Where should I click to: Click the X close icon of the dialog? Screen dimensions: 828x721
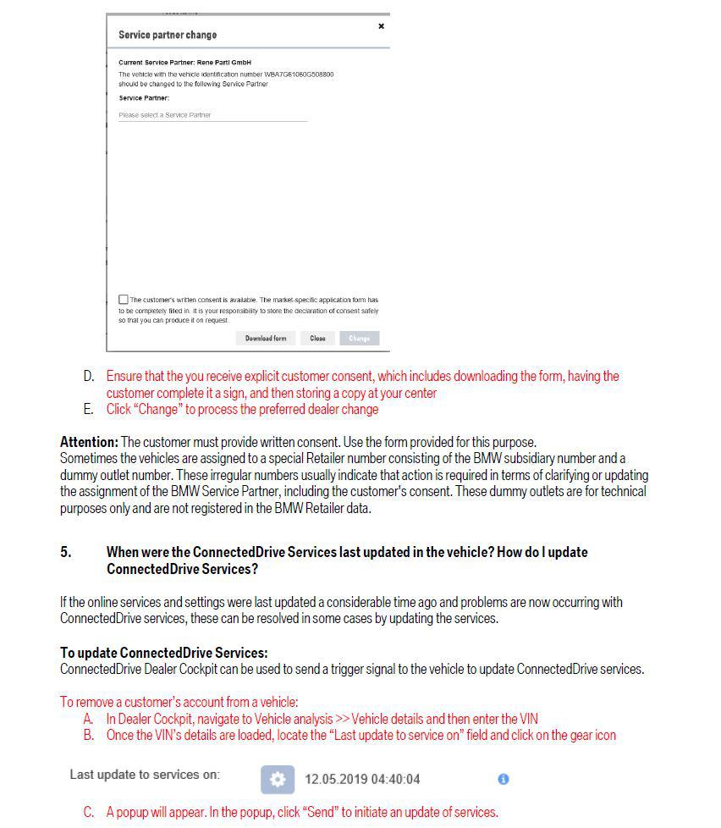(x=381, y=26)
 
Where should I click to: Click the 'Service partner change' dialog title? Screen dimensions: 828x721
(x=168, y=35)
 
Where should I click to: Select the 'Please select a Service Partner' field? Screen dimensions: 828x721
(x=212, y=115)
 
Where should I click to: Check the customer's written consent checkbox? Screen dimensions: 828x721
(x=124, y=300)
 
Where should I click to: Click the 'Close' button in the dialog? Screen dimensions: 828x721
(x=317, y=339)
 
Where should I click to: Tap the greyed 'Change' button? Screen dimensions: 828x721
(x=359, y=339)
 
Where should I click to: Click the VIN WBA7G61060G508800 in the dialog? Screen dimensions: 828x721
(x=299, y=75)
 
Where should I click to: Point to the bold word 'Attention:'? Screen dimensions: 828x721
(x=89, y=442)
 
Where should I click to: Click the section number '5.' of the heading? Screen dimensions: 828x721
(x=66, y=552)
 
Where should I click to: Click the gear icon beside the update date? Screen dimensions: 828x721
(x=278, y=779)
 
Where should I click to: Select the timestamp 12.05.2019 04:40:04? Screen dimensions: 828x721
(x=362, y=779)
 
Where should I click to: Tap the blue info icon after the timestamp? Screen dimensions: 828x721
(x=503, y=779)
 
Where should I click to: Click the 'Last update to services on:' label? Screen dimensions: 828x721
(x=145, y=775)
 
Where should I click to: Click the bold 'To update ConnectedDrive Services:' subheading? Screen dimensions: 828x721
(x=164, y=653)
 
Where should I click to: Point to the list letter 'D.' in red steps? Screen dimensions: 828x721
(x=89, y=376)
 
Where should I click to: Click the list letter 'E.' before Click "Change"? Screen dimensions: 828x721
(x=89, y=410)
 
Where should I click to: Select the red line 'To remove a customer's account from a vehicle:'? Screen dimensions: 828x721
(x=179, y=702)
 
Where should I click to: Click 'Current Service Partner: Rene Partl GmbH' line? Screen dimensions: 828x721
(x=184, y=63)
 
